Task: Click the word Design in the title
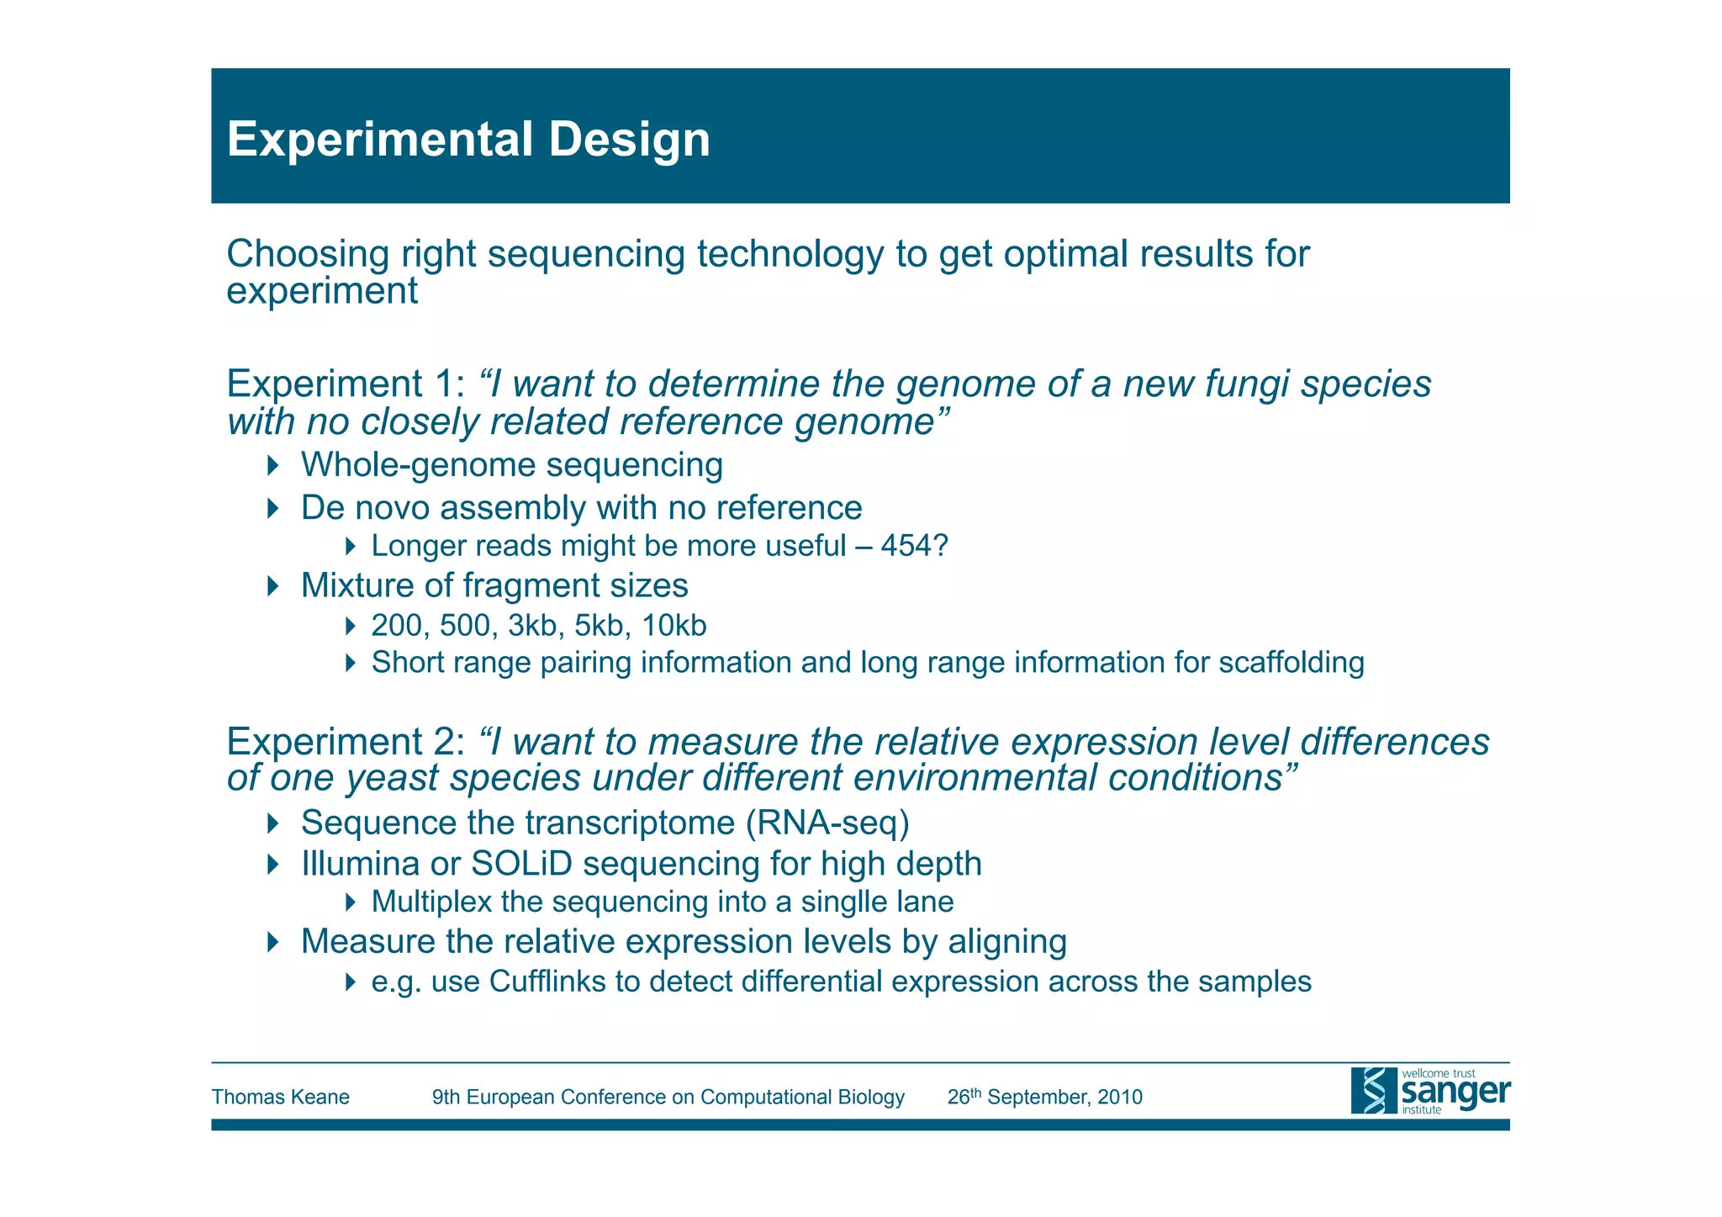(x=629, y=140)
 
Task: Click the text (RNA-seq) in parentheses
(x=827, y=823)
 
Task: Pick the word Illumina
(x=360, y=864)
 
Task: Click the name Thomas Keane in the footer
(x=280, y=1097)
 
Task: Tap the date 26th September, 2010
(x=1044, y=1097)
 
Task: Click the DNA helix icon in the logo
(x=1374, y=1091)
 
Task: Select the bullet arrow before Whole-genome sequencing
(x=272, y=465)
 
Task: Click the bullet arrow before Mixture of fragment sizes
(x=272, y=586)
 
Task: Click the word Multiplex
(x=431, y=902)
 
